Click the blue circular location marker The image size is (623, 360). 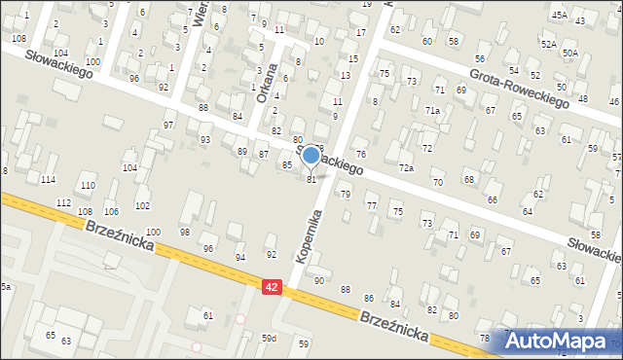coord(311,155)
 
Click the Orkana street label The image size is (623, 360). coord(262,83)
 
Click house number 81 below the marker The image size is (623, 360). coord(311,179)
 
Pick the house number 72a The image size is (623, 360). coord(406,168)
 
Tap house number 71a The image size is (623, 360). coord(431,111)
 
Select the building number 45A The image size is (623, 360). coord(559,16)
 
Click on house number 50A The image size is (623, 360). coord(569,53)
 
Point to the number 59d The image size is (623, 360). coord(269,339)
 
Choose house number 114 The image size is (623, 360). coord(49,180)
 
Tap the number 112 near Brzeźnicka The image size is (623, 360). coord(63,202)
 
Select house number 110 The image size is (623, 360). coord(88,185)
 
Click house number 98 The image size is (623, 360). coord(185,232)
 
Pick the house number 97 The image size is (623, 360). coord(168,126)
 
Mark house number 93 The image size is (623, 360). coord(205,140)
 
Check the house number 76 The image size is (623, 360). coord(360,155)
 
